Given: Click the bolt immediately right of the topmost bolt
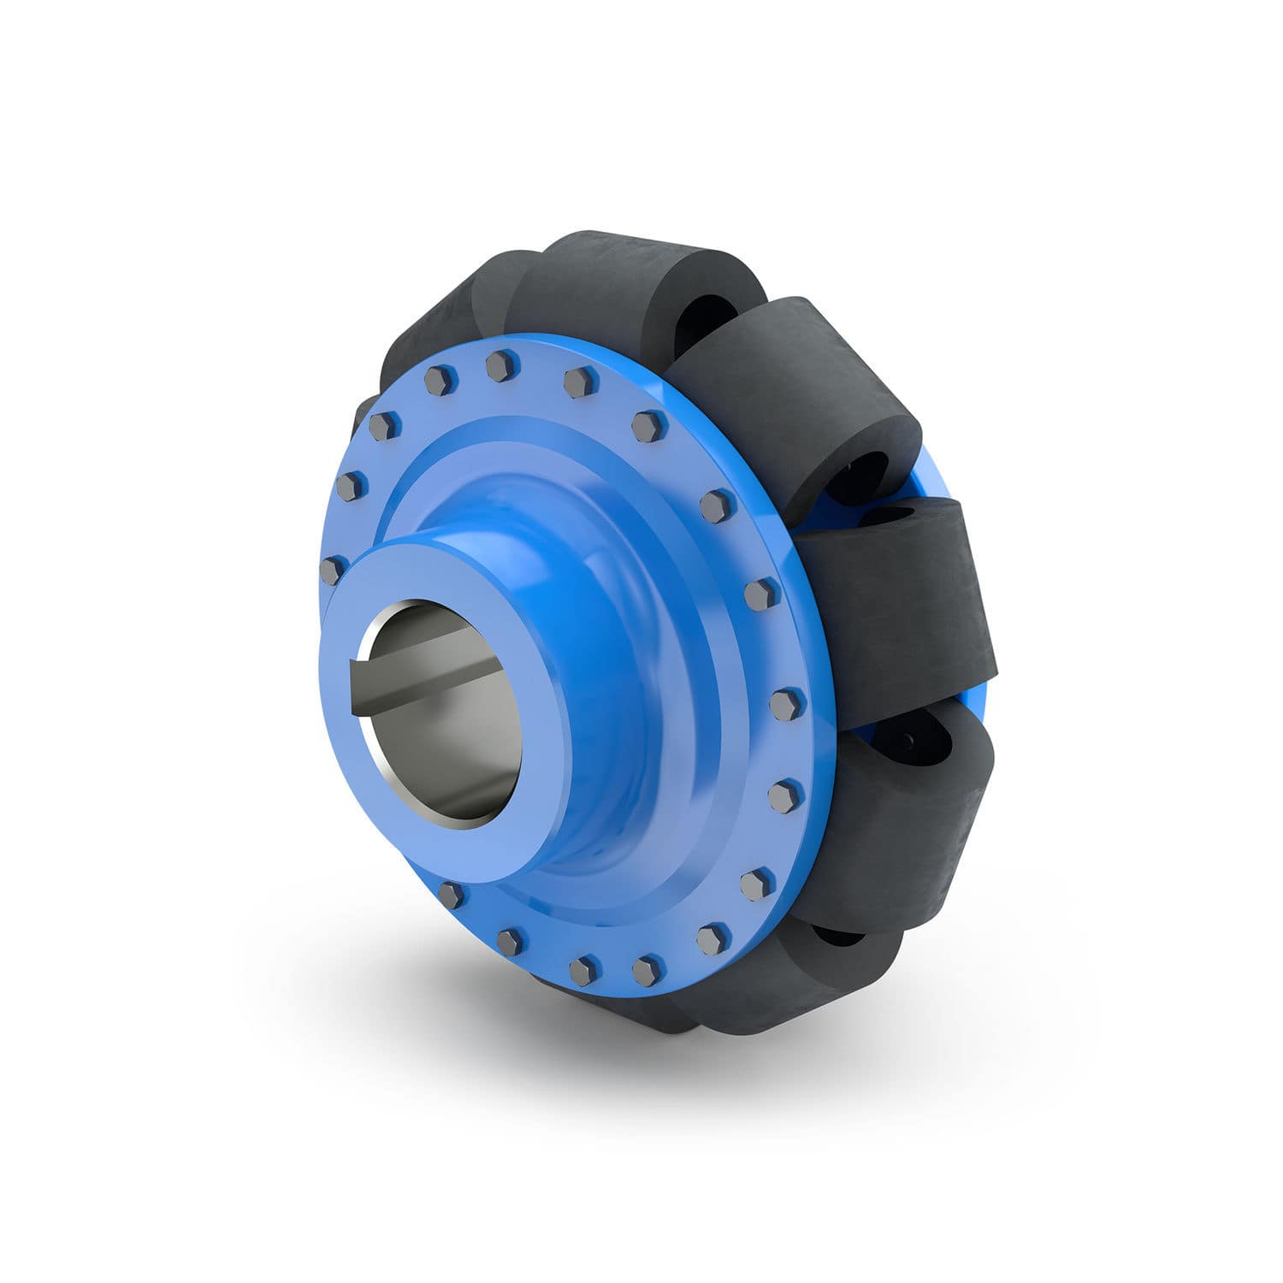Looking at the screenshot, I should click(x=580, y=382).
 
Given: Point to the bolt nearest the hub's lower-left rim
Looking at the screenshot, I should click(x=451, y=895).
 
